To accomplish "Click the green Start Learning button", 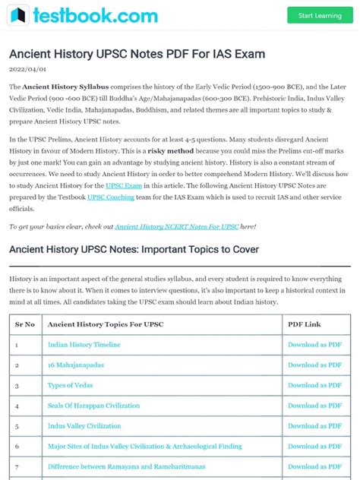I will [320, 15].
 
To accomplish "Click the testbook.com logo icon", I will [19, 15].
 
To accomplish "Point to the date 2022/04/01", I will [28, 68].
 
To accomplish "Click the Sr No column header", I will [25, 324].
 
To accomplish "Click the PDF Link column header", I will [305, 324].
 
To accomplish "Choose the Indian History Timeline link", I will [84, 345].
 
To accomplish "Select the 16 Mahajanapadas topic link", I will [76, 365].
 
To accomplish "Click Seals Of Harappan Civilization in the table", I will [94, 406].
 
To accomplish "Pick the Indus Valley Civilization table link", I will [84, 427].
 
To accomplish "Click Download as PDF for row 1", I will [314, 345].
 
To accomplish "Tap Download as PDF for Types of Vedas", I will [314, 386].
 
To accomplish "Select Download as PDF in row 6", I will [314, 447].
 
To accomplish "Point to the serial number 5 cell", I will [16, 427].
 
